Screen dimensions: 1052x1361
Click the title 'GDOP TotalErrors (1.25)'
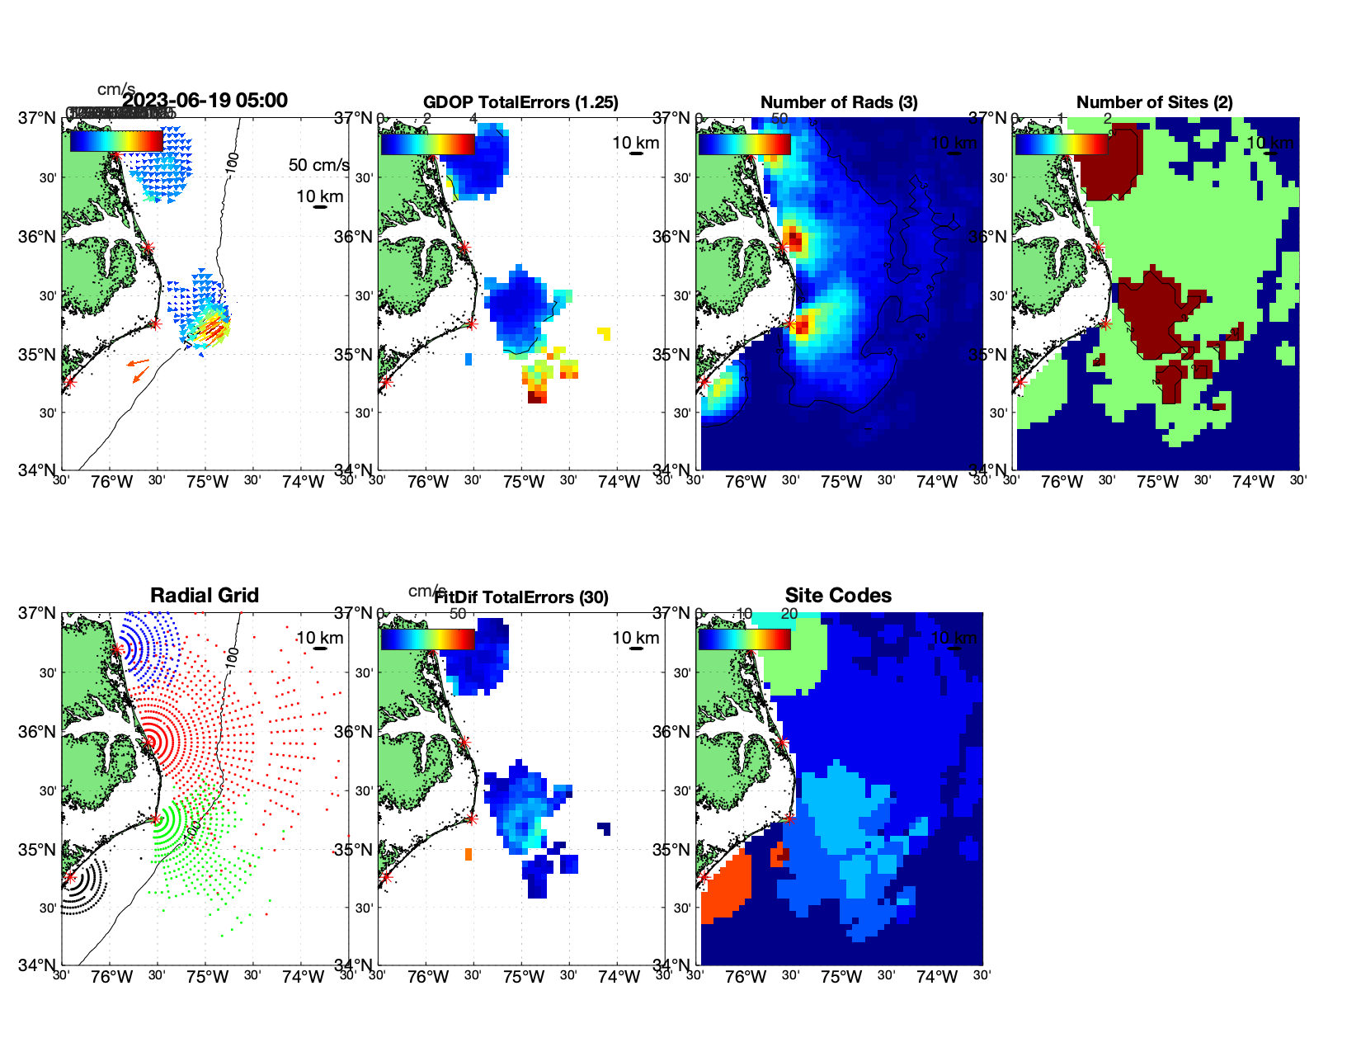520,102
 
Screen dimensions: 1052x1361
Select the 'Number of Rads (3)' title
839,102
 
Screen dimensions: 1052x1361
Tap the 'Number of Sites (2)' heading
1154,102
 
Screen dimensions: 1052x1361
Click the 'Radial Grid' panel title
205,596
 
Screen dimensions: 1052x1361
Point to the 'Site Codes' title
838,596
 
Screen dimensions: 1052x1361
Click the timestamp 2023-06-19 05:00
205,101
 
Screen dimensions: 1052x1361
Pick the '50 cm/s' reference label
318,165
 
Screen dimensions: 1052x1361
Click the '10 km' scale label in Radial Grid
319,638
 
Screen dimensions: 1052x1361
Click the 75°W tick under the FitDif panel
524,977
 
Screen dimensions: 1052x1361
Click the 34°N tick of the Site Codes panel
676,965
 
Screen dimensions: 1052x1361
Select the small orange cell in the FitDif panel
469,854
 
